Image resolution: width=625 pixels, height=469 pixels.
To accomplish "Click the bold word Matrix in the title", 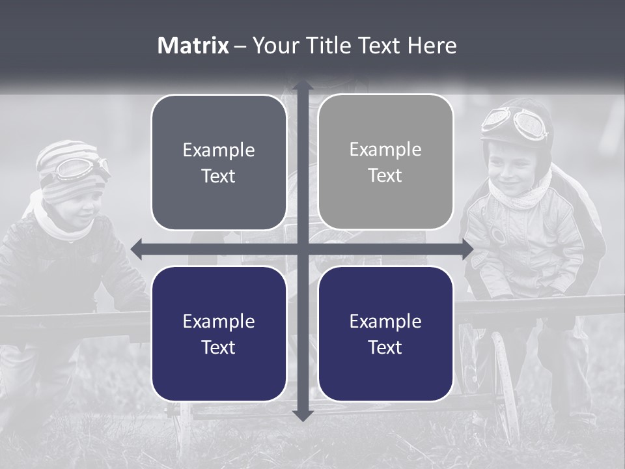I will click(x=193, y=46).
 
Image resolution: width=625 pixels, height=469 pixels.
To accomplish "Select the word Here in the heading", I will click(x=432, y=46).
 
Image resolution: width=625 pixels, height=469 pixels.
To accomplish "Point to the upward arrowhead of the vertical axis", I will click(x=302, y=86).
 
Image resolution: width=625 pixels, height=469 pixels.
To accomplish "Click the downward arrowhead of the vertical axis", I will click(x=302, y=415).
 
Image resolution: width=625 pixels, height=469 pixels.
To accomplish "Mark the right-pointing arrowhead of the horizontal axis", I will click(x=467, y=249).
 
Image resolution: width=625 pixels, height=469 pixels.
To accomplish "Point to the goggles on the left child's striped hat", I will click(x=81, y=168).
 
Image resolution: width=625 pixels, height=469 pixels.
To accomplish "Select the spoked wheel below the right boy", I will click(x=505, y=384).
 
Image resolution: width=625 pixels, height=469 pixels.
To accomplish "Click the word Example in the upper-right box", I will click(x=385, y=150).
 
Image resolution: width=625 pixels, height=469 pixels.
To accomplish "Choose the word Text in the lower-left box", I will click(x=219, y=347).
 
